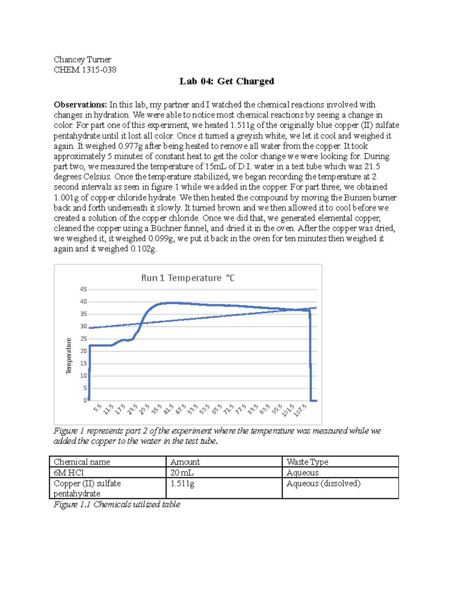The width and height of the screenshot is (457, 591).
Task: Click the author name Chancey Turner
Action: pos(82,59)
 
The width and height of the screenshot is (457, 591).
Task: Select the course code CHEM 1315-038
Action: pos(85,70)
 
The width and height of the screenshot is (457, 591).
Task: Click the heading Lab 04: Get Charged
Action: pos(227,81)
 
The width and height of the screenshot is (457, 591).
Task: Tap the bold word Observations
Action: pos(80,105)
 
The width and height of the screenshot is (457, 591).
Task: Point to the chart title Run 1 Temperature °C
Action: pos(188,278)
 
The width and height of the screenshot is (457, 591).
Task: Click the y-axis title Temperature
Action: pos(69,356)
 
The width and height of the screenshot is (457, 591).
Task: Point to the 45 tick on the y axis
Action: pos(83,289)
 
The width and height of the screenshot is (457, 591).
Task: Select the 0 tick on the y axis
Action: pos(85,400)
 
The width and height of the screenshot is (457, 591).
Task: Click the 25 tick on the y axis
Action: pos(83,339)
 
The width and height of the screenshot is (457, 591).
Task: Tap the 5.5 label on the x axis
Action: pos(98,409)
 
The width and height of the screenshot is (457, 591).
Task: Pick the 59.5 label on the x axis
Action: pos(205,409)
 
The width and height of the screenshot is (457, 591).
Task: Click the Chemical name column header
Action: pos(82,462)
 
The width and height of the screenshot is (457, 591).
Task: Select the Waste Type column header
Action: pos(307,462)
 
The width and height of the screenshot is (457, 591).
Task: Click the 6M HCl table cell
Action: pos(69,473)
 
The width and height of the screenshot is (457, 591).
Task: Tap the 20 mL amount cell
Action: pos(182,473)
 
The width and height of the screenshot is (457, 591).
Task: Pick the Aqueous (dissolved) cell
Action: pos(323,483)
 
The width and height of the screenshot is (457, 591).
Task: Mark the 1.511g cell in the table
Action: pos(182,483)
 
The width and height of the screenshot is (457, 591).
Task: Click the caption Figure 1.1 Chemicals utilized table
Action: pos(117,504)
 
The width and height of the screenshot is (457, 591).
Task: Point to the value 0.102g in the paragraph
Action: pos(143,249)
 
